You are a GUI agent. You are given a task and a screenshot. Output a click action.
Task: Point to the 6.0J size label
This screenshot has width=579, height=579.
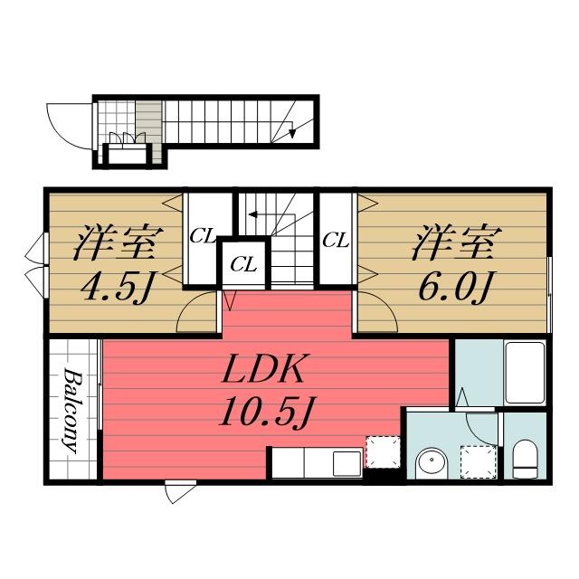point(456,289)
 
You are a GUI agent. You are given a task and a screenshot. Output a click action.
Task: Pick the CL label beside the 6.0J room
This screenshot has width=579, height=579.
point(336,240)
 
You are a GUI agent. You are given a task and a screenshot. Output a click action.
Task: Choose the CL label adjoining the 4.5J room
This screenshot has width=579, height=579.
point(202,237)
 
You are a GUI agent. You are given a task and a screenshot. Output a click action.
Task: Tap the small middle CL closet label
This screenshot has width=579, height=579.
point(242,264)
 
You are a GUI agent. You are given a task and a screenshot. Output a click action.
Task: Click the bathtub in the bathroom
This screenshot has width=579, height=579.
point(524,372)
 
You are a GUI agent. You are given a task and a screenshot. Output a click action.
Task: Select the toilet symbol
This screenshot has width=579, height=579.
point(525,459)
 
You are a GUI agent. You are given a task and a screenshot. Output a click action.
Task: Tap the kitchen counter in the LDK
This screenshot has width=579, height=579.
point(317,463)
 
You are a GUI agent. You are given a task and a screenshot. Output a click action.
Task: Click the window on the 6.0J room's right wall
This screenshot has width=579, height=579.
point(550,284)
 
